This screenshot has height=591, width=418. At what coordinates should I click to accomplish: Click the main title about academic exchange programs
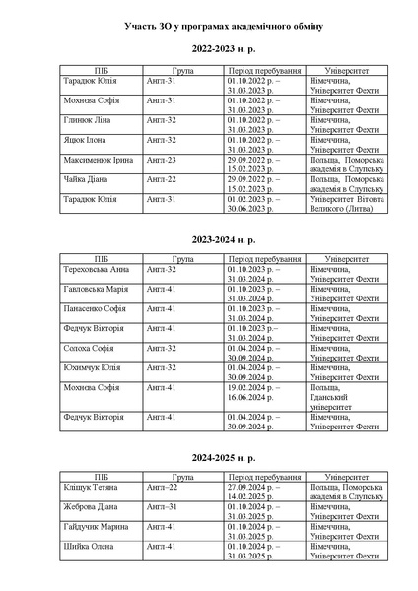pos(209,23)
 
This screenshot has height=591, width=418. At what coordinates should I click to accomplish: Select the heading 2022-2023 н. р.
pos(209,48)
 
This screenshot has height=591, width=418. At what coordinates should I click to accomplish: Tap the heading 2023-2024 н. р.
pos(209,239)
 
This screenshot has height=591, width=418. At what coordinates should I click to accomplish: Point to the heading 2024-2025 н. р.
pos(209,459)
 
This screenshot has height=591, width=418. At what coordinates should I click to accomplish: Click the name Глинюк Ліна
pos(89,119)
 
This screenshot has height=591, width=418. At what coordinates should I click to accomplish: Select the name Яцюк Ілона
pos(87,140)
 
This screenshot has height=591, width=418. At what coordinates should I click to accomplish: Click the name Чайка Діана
pos(87,179)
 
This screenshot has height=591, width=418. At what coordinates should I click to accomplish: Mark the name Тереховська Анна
pos(97,269)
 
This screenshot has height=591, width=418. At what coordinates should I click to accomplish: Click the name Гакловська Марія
pos(97,289)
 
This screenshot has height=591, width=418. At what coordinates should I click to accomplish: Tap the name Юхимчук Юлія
pos(92,367)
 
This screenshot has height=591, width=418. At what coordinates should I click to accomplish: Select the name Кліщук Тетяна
pos(93,488)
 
